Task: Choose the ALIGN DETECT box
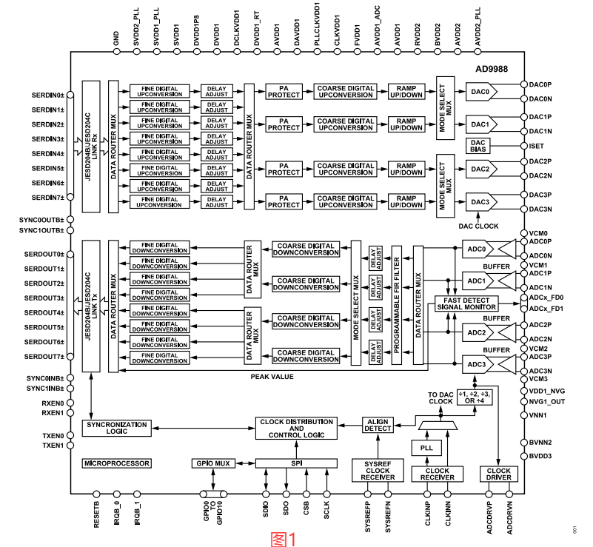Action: pos(378,425)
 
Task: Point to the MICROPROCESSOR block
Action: pos(117,463)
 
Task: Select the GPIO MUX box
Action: pos(213,463)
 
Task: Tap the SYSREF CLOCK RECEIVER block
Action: pos(378,470)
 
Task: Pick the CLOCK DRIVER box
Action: pos(499,474)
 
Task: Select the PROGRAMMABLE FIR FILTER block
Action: pos(398,306)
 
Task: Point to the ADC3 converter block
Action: pos(477,364)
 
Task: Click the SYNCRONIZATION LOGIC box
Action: pos(117,427)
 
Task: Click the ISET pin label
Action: pos(535,146)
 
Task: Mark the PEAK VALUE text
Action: pos(272,377)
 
